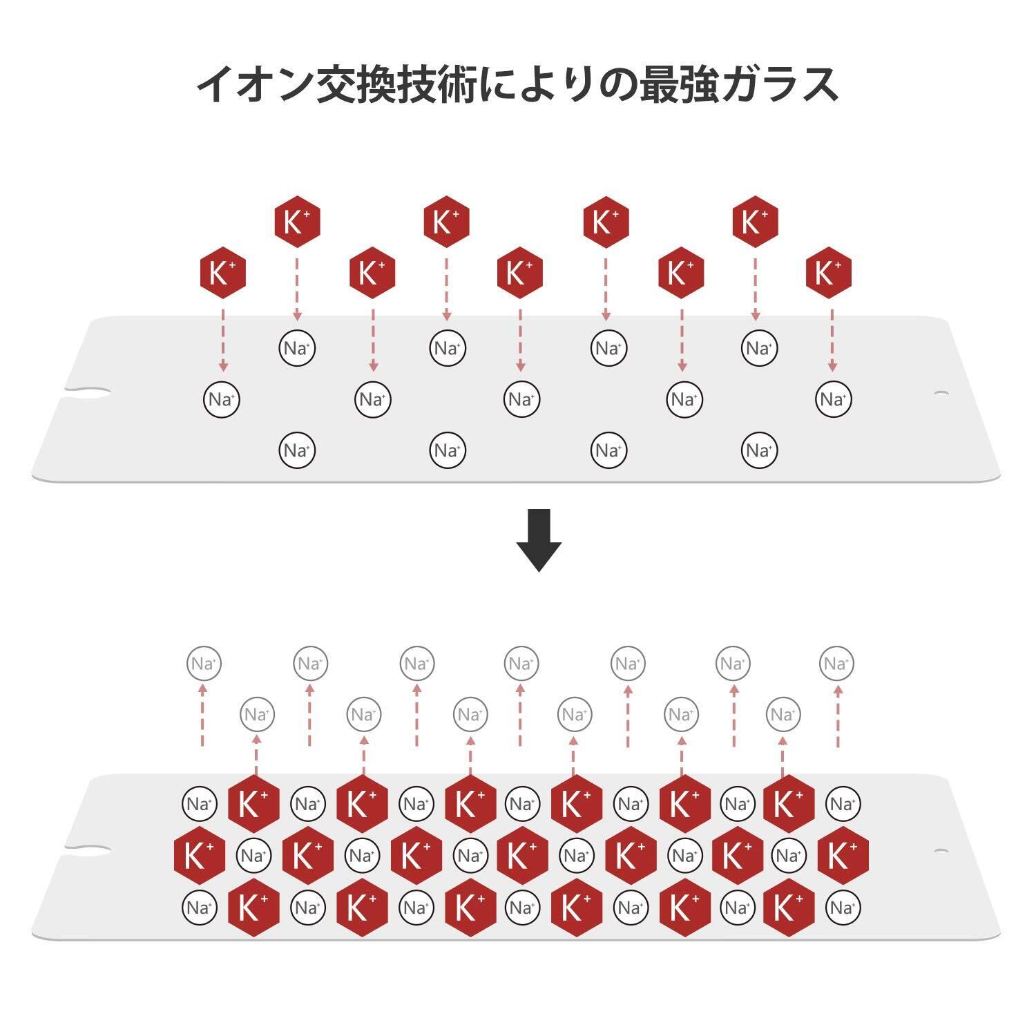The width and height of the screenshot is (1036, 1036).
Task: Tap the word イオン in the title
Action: pos(255,85)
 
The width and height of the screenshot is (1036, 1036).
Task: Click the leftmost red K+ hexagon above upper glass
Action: pos(222,273)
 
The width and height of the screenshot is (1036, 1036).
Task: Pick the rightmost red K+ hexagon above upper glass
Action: pos(829,273)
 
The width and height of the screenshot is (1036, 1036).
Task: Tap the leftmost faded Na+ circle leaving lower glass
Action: pos(204,664)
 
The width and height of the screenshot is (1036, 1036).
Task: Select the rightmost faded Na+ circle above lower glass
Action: pos(836,664)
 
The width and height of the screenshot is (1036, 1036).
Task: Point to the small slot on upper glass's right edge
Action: pos(941,394)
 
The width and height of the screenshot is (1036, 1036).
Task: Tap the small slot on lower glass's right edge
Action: pos(941,850)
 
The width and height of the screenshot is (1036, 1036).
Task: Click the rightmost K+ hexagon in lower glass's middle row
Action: pos(843,856)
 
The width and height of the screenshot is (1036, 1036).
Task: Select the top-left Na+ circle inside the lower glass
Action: pos(200,804)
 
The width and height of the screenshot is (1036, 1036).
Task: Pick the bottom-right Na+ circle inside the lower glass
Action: pos(843,908)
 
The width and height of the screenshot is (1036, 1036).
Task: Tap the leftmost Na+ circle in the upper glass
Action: pos(222,399)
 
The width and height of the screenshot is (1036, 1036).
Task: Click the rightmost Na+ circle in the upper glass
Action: pos(833,399)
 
